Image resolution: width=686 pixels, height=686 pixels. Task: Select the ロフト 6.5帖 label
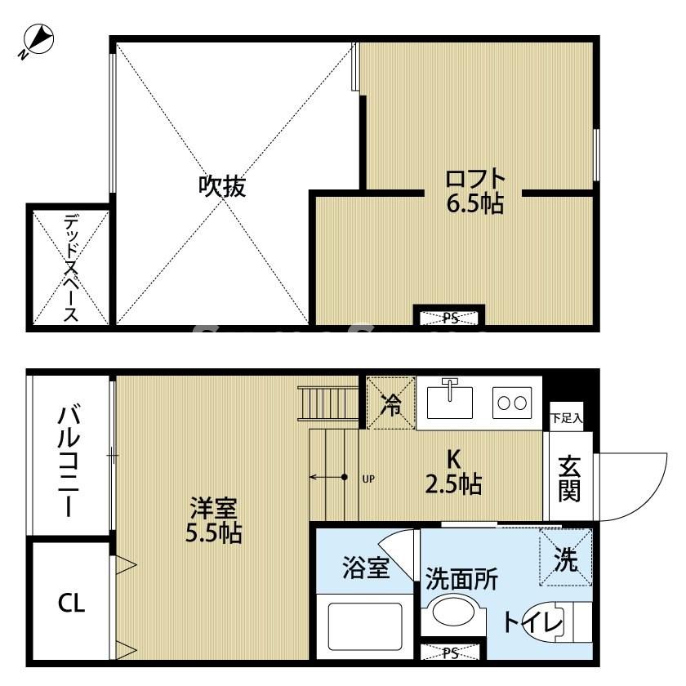pos(474,190)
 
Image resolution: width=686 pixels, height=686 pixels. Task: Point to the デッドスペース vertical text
pos(70,267)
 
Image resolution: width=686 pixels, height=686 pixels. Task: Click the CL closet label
pos(70,604)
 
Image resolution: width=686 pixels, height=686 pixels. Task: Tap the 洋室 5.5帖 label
pos(213,521)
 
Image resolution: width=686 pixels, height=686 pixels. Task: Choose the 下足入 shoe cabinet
pos(566,417)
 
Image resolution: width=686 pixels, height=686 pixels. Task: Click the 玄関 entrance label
pos(569,478)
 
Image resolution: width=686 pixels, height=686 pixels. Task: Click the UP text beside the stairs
pos(367,479)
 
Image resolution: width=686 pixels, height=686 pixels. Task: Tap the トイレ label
pos(533,623)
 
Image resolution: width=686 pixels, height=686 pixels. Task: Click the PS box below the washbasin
pos(450,653)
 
